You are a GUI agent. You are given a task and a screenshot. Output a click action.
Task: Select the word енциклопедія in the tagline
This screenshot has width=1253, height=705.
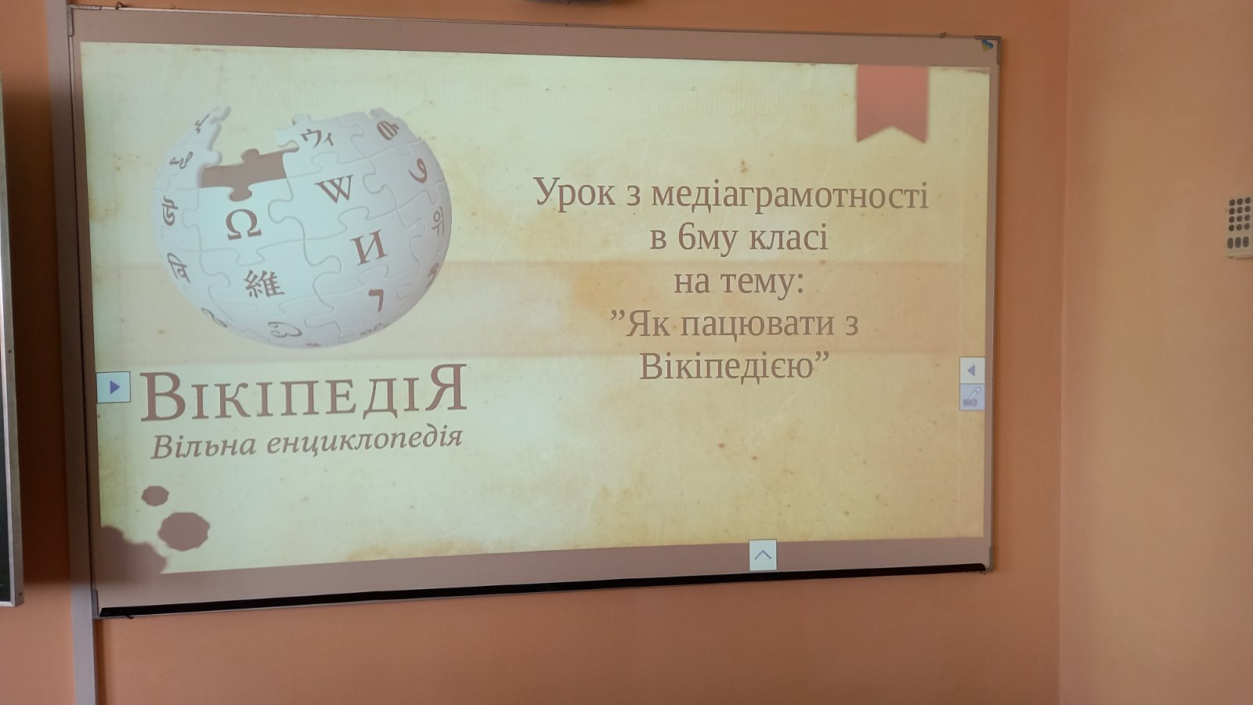[364, 440]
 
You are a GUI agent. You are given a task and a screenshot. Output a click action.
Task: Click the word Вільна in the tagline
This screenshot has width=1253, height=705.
[204, 446]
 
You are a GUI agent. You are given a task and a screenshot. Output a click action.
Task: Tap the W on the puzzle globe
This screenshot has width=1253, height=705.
[337, 189]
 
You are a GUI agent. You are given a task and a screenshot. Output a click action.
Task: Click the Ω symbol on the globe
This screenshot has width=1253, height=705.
[244, 225]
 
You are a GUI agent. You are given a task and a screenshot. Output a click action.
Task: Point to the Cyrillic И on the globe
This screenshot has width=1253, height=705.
[369, 248]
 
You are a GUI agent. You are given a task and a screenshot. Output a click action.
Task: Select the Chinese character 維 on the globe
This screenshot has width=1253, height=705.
[263, 284]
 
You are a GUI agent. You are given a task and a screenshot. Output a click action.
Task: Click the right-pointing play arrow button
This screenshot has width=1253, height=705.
[114, 387]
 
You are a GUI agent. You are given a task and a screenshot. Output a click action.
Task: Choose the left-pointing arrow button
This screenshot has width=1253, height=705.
[972, 370]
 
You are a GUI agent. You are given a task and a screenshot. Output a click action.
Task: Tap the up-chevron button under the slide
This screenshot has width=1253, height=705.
[763, 555]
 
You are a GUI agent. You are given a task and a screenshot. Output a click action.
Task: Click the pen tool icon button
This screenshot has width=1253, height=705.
[972, 396]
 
